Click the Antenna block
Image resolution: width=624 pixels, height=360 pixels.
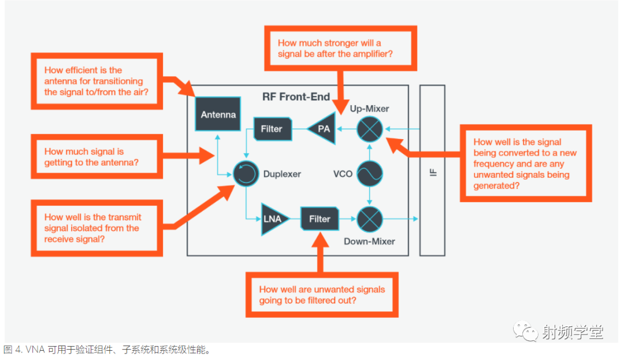[x=218, y=114]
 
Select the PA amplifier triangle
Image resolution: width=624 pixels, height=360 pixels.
[x=322, y=129]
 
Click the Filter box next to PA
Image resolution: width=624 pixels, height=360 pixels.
[x=272, y=129]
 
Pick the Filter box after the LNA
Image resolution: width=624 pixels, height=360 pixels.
[x=320, y=220]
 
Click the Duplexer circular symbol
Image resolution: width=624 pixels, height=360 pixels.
[x=246, y=173]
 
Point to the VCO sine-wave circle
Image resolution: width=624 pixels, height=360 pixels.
[x=369, y=173]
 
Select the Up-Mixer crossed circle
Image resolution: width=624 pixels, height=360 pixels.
[x=369, y=129]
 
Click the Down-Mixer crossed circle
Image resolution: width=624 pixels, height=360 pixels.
[x=369, y=219]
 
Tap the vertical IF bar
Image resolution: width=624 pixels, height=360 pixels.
[x=432, y=170]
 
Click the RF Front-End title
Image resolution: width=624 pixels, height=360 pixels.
[x=296, y=97]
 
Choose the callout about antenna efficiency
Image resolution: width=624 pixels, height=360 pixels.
[x=96, y=81]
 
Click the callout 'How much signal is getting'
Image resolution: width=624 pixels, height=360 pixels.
[x=96, y=157]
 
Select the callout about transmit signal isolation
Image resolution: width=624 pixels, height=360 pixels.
[x=96, y=228]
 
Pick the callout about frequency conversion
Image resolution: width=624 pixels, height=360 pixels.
[x=525, y=164]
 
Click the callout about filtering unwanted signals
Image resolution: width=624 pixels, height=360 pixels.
[x=322, y=295]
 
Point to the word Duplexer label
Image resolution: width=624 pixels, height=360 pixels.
[x=282, y=174]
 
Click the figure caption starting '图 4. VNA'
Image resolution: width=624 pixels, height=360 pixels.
[x=107, y=350]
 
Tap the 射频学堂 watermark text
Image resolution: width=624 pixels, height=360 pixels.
[x=572, y=332]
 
